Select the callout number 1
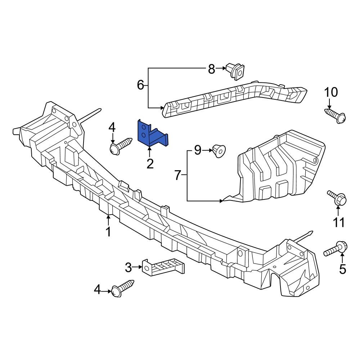tap(108, 232)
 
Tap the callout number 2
tap(150, 164)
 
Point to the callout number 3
tap(129, 267)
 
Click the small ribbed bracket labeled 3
tap(164, 267)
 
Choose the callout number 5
tap(342, 268)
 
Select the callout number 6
tap(141, 85)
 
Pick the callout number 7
tap(177, 175)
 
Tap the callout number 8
tap(211, 68)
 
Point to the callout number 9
tap(197, 150)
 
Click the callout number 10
tap(331, 93)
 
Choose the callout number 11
tap(338, 222)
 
